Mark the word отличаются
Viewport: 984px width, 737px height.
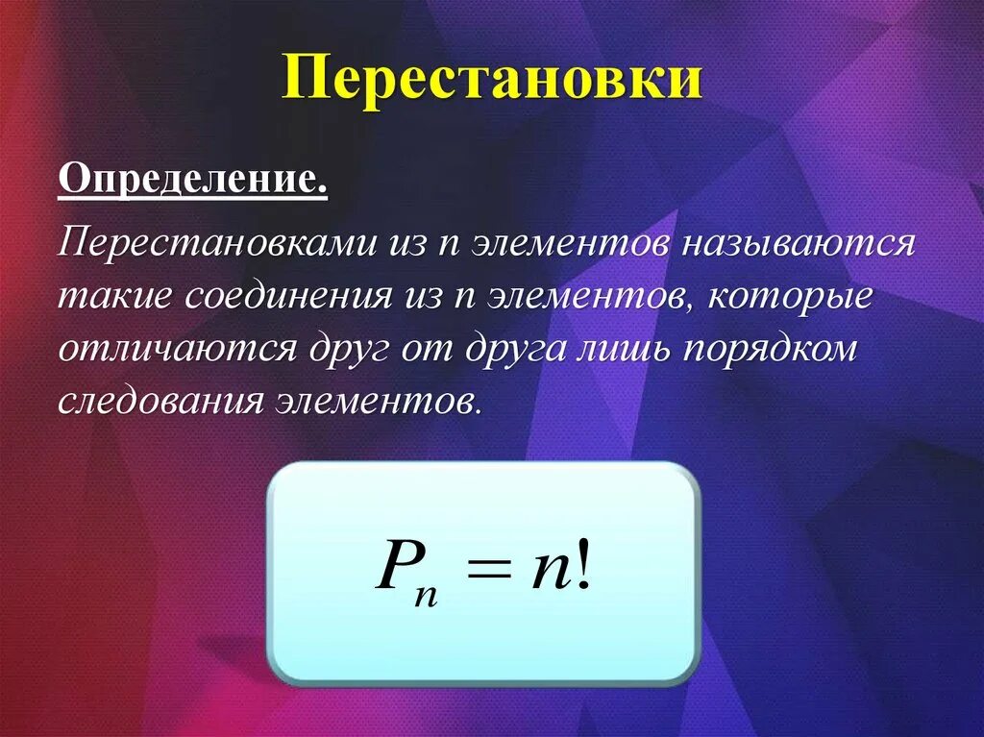coord(177,348)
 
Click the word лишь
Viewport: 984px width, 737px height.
coord(626,348)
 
